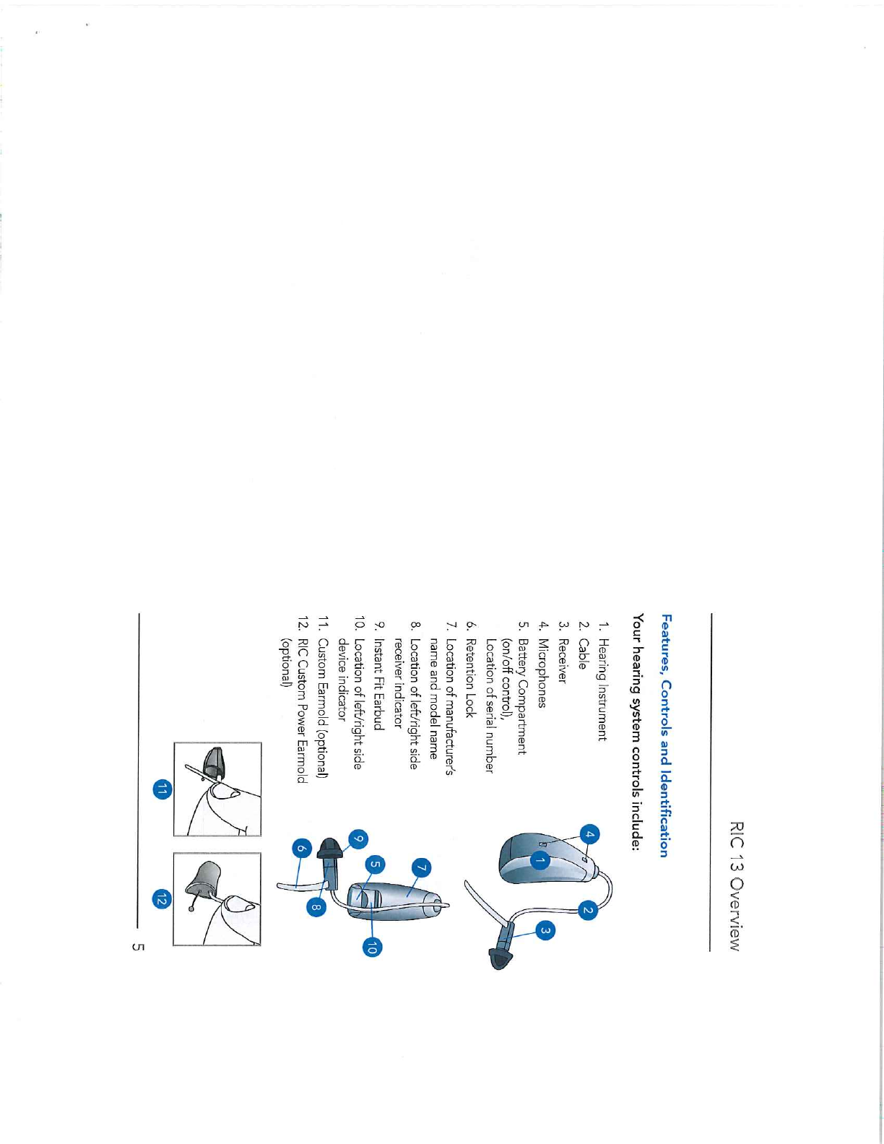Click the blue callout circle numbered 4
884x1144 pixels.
point(590,835)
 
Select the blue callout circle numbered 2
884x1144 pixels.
point(588,910)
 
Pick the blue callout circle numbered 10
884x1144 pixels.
point(372,948)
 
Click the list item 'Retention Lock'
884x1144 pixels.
point(470,678)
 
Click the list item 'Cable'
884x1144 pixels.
point(581,654)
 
